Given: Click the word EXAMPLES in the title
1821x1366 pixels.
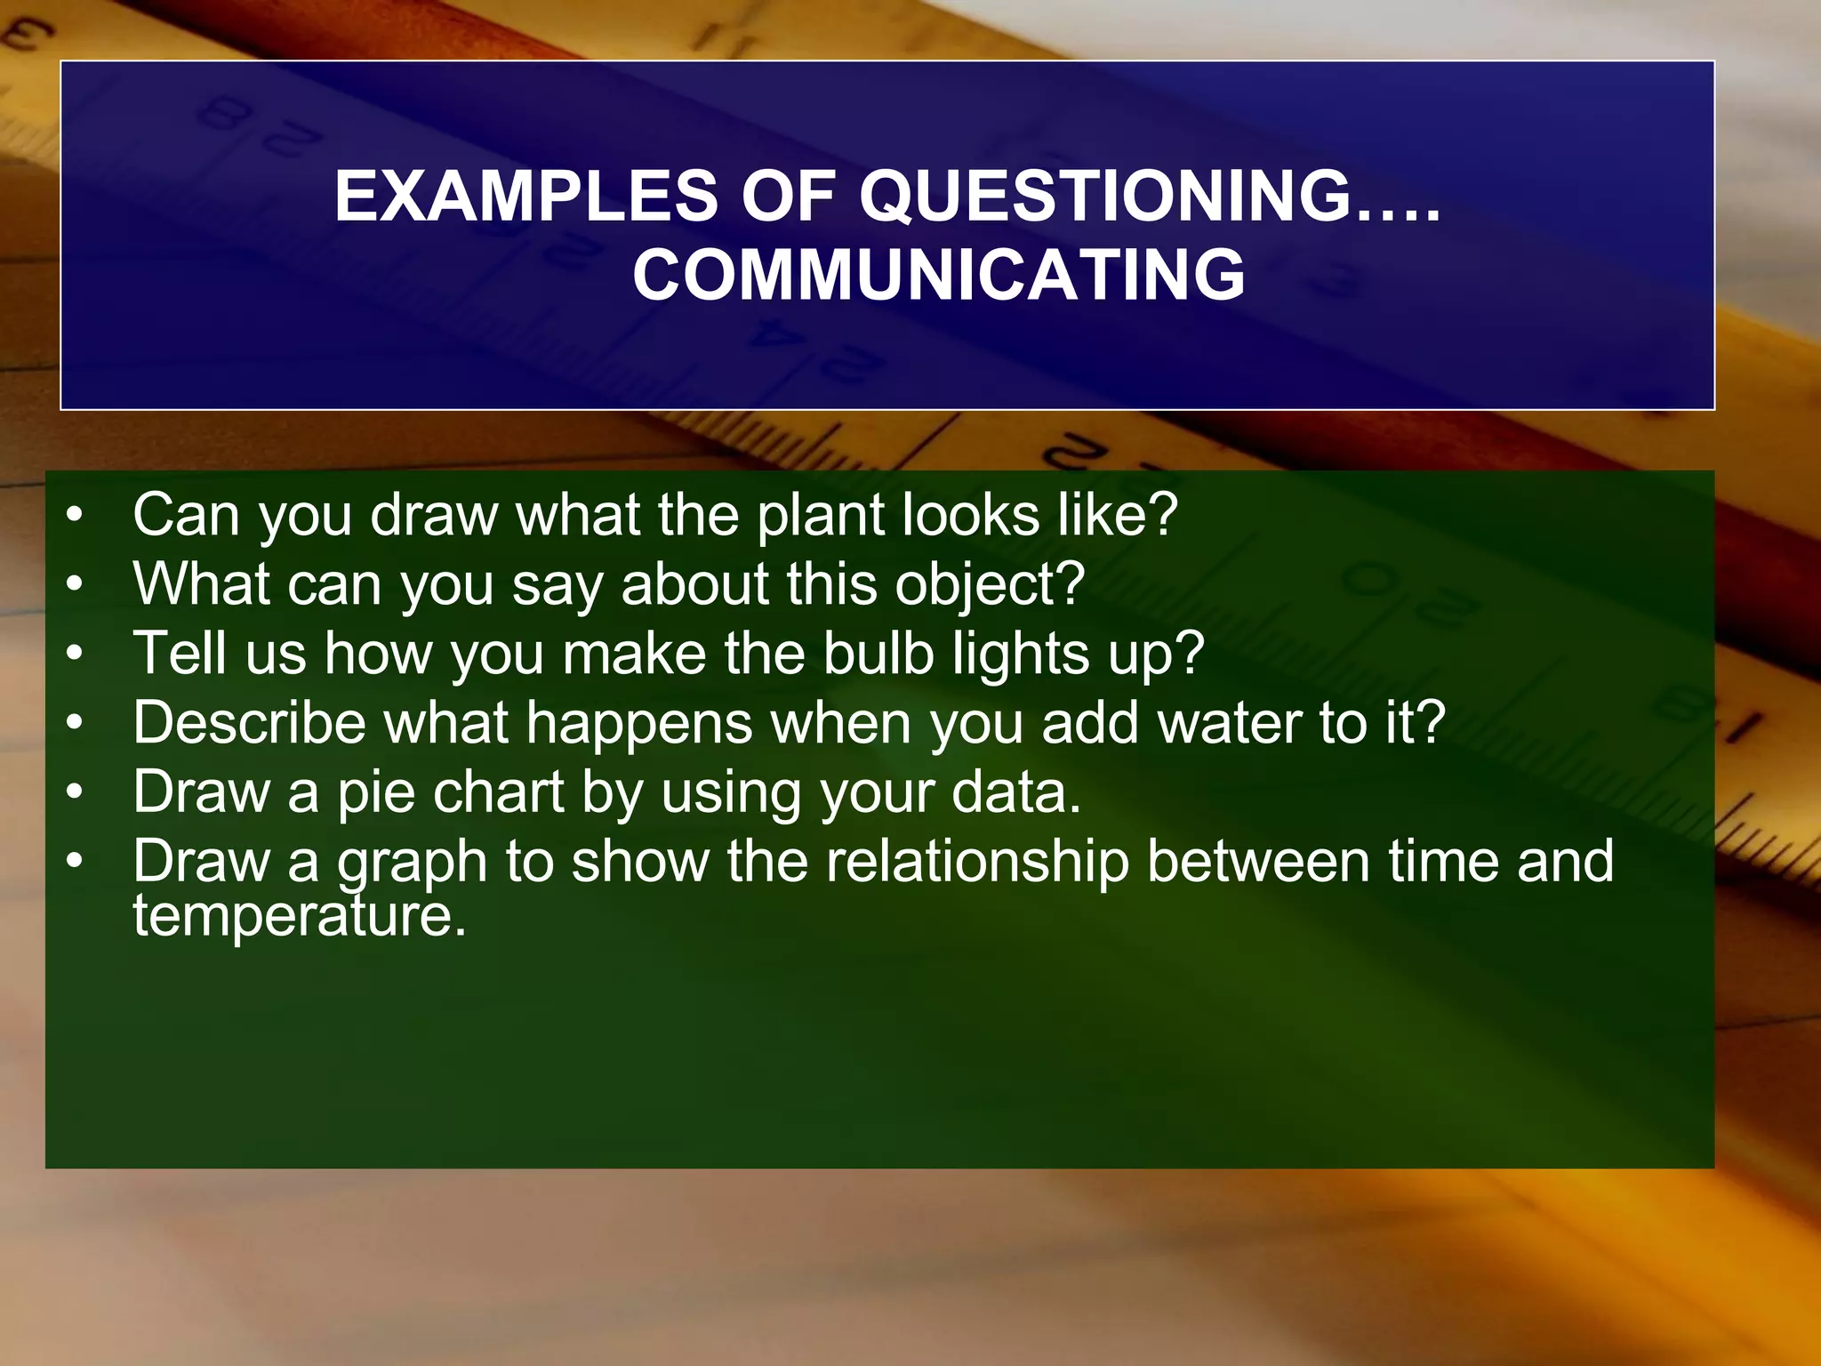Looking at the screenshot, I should pyautogui.click(x=525, y=197).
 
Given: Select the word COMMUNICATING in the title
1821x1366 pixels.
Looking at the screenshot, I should pyautogui.click(x=938, y=275).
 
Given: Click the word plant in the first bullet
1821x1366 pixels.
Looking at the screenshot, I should pyautogui.click(x=820, y=516).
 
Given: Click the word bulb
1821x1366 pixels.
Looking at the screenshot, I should pyautogui.click(x=878, y=654).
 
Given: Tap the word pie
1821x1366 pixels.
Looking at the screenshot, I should pyautogui.click(x=376, y=792).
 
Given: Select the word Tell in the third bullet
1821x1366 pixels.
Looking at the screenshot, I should pyautogui.click(x=179, y=654).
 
